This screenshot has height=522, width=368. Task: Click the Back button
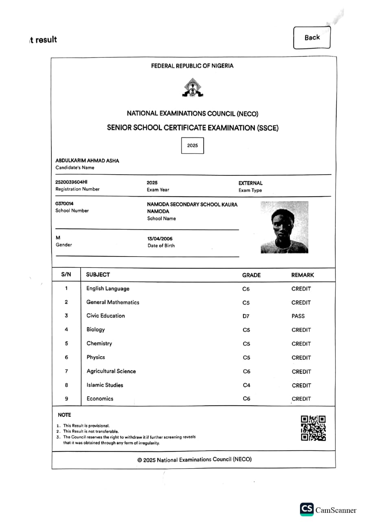(x=312, y=38)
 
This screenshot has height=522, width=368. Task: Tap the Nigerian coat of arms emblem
(x=193, y=88)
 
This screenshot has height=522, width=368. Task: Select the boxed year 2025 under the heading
(x=193, y=146)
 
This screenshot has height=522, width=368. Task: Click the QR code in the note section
(x=313, y=428)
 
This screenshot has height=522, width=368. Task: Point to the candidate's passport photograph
(x=284, y=228)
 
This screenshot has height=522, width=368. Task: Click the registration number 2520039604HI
(x=71, y=182)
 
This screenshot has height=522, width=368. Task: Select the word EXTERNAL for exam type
(x=250, y=183)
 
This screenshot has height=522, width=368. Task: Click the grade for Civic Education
(x=246, y=316)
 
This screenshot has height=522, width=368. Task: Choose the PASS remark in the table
(x=298, y=316)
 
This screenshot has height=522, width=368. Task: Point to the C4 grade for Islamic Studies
(x=246, y=385)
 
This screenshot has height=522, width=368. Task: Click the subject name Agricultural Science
(x=111, y=371)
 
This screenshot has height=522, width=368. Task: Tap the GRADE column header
(x=251, y=275)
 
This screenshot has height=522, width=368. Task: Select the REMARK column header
(x=302, y=275)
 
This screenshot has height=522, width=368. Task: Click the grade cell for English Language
(x=246, y=289)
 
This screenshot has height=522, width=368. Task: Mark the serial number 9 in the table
(x=66, y=398)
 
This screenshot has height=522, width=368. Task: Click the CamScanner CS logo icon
(x=307, y=509)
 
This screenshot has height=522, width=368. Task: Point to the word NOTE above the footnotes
(x=64, y=415)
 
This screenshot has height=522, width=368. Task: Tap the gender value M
(x=58, y=237)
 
